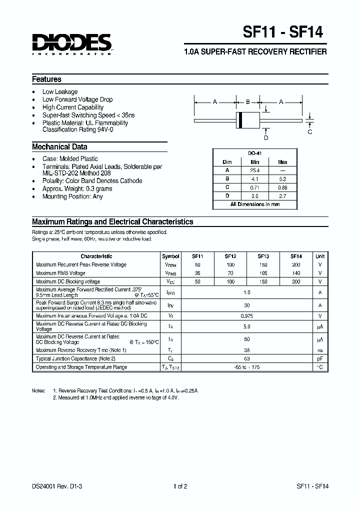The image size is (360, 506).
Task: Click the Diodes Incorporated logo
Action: click(71, 44)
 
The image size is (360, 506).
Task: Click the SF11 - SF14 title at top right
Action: click(282, 33)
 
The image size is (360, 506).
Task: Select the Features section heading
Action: click(46, 79)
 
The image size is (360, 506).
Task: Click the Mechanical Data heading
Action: click(59, 147)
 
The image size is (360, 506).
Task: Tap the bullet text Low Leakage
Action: click(60, 91)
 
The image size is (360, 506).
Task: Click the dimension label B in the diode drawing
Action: click(247, 102)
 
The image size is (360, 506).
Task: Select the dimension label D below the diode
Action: click(266, 137)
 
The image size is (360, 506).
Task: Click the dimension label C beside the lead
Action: click(310, 131)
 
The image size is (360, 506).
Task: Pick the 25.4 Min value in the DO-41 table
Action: click(255, 170)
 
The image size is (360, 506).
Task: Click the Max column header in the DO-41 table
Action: click(282, 162)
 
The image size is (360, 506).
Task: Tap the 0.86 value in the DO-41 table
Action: click(282, 187)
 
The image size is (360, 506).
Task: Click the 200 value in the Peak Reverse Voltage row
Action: click(296, 264)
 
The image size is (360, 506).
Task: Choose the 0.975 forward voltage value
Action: click(246, 315)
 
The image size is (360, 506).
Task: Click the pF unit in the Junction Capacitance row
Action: click(320, 358)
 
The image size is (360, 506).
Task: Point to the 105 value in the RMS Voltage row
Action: click(263, 273)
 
